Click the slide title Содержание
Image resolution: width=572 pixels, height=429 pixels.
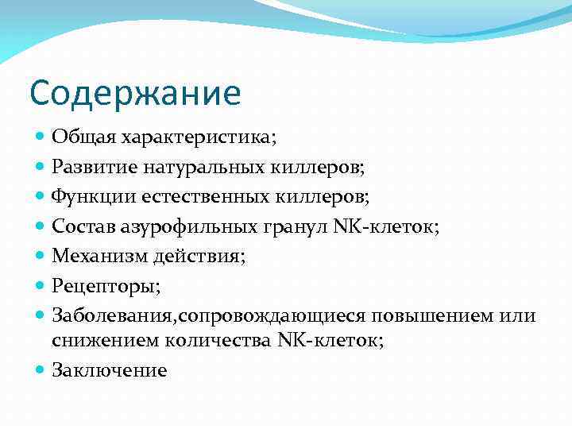pyautogui.click(x=134, y=93)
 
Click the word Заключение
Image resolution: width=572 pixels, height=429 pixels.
pyautogui.click(x=110, y=370)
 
